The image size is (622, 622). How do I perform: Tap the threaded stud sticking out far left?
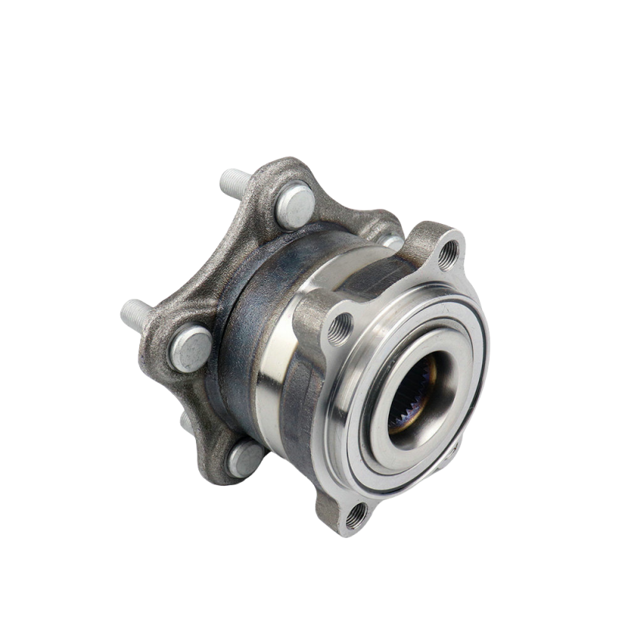(134, 314)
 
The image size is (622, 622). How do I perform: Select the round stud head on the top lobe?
(295, 204)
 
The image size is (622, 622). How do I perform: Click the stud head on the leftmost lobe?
(190, 348)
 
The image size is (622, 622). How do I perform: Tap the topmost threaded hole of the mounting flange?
(449, 254)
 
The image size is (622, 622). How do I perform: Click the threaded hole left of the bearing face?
(340, 330)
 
